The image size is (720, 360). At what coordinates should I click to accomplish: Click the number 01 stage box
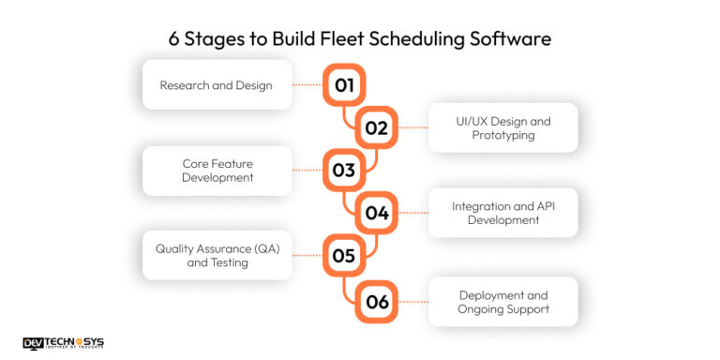[344, 85]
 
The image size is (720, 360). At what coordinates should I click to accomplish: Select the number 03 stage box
[344, 171]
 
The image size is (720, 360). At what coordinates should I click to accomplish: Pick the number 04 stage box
[377, 213]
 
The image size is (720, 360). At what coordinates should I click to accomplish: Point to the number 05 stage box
[344, 255]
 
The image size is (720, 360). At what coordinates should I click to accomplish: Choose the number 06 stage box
[377, 302]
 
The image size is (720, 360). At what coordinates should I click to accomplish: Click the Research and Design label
[217, 85]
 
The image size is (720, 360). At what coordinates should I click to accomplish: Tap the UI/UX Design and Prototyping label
[503, 128]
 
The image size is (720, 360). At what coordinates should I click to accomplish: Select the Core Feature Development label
[217, 171]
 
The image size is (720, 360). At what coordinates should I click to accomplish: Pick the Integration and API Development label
[503, 213]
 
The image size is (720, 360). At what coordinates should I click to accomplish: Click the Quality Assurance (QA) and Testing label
[217, 255]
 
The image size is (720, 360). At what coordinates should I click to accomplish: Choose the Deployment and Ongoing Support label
[503, 302]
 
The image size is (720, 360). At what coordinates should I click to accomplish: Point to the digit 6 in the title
[173, 39]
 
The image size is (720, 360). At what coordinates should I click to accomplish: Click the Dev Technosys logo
[63, 344]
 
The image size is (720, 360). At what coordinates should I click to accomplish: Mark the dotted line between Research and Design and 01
[307, 85]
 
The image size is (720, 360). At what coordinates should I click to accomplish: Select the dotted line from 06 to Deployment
[412, 302]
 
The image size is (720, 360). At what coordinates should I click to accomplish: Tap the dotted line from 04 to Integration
[412, 213]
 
